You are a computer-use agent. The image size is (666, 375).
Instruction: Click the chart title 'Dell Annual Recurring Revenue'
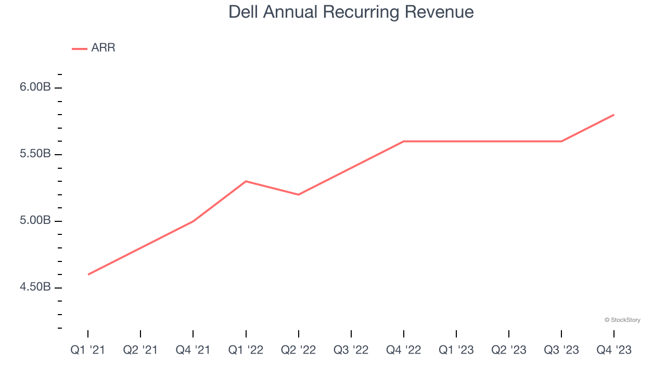[x=351, y=11]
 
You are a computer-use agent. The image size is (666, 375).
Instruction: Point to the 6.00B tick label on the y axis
[x=35, y=87]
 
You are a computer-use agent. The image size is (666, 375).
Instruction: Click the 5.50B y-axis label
[x=35, y=154]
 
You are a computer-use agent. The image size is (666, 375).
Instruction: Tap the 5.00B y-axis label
[x=35, y=221]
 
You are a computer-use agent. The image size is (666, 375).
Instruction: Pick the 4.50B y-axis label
[x=35, y=287]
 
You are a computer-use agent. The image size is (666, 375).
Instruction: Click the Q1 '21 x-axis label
[x=88, y=350]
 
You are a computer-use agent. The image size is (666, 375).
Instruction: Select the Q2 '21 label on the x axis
[x=140, y=350]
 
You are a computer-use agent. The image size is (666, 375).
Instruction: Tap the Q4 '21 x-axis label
[x=193, y=350]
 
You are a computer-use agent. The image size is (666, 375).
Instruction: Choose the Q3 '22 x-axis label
[x=351, y=350]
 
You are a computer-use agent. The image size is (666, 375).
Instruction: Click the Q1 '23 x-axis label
[x=456, y=350]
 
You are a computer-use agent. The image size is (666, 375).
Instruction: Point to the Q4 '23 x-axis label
[x=614, y=350]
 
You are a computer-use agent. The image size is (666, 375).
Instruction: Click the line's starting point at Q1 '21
[x=88, y=274]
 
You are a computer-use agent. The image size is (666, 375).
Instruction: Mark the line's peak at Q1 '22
[x=246, y=181]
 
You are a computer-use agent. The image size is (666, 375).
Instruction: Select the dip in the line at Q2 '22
[x=298, y=195]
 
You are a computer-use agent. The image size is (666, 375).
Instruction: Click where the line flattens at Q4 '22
[x=404, y=141]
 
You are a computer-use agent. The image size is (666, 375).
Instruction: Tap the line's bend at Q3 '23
[x=561, y=141]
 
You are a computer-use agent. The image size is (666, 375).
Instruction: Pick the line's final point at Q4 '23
[x=614, y=115]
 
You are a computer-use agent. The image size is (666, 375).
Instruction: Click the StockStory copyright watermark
[x=622, y=320]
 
